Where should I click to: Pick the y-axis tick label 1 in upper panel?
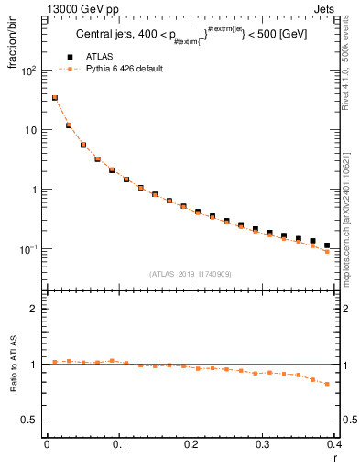(x=35, y=190)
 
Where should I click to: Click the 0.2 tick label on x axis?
(x=191, y=445)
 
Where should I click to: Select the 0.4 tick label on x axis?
(x=334, y=445)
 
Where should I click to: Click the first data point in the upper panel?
(x=54, y=97)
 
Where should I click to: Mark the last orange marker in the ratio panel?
(x=327, y=384)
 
